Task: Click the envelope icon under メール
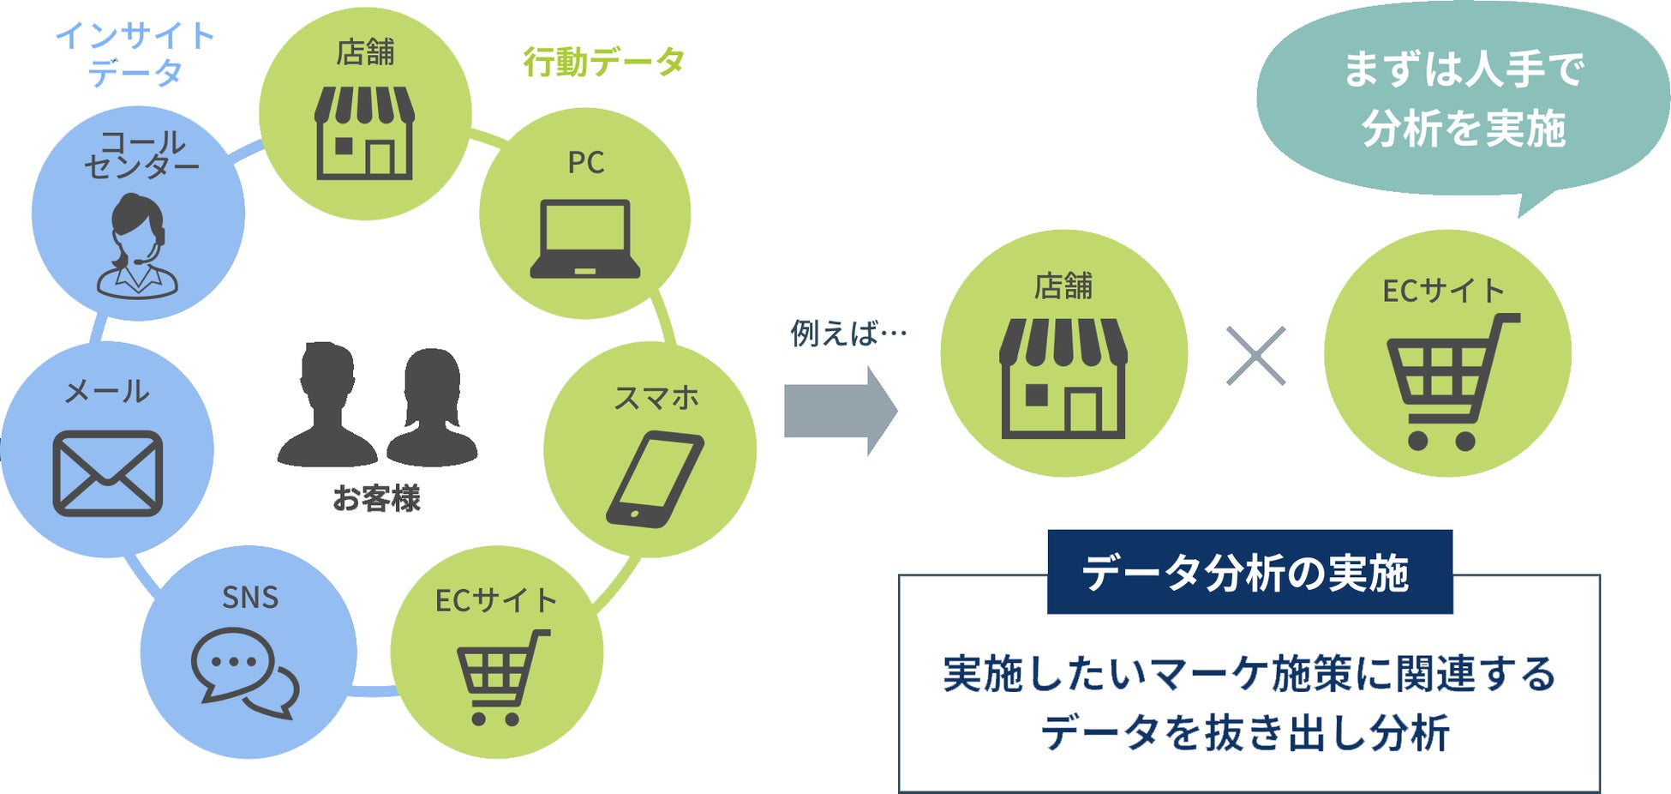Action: click(108, 473)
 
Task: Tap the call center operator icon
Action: click(137, 247)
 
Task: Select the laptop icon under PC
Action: click(585, 239)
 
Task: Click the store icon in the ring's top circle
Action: click(365, 132)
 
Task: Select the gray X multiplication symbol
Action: click(1255, 356)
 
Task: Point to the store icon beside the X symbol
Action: click(1063, 378)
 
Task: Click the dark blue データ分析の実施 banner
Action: click(1249, 572)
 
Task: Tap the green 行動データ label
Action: click(604, 62)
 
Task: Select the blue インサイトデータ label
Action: click(135, 54)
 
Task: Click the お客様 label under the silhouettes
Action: click(376, 498)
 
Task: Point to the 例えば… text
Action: click(848, 333)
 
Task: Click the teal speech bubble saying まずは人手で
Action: click(1463, 99)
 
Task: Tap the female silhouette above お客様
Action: click(431, 407)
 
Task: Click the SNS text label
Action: click(250, 597)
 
